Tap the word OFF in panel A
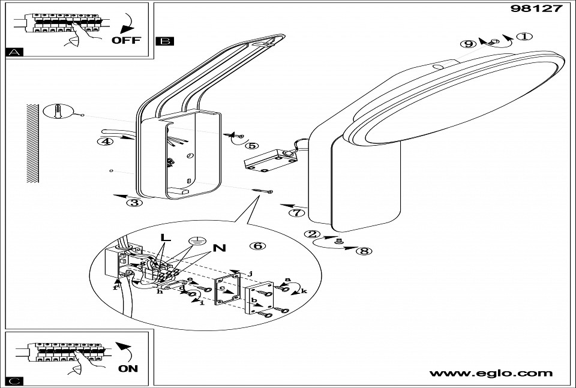(x=126, y=41)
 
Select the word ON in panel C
(x=128, y=369)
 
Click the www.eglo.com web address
(x=491, y=374)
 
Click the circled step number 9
(x=469, y=44)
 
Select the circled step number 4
(x=106, y=142)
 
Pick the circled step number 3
(x=135, y=202)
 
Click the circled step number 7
(x=295, y=212)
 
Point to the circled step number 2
(x=311, y=234)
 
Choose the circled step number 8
(x=363, y=251)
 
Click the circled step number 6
(x=257, y=245)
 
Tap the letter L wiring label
(x=166, y=237)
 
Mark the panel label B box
(x=164, y=41)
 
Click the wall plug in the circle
(x=56, y=112)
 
